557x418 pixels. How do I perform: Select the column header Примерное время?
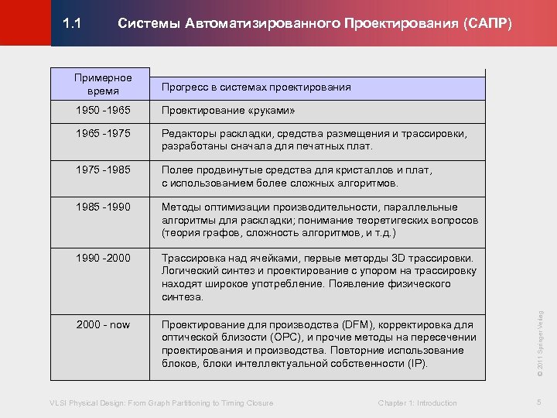click(x=102, y=84)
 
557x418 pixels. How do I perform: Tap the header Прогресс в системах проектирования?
click(x=256, y=87)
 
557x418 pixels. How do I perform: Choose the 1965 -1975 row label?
click(x=102, y=134)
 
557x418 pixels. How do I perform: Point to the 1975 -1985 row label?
click(x=102, y=170)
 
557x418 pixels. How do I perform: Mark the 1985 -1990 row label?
click(x=102, y=207)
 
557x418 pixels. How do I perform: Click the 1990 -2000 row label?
click(x=102, y=257)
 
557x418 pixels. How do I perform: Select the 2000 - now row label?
click(x=102, y=324)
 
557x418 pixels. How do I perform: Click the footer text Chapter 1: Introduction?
click(x=417, y=403)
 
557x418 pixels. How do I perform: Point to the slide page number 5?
click(x=540, y=402)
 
